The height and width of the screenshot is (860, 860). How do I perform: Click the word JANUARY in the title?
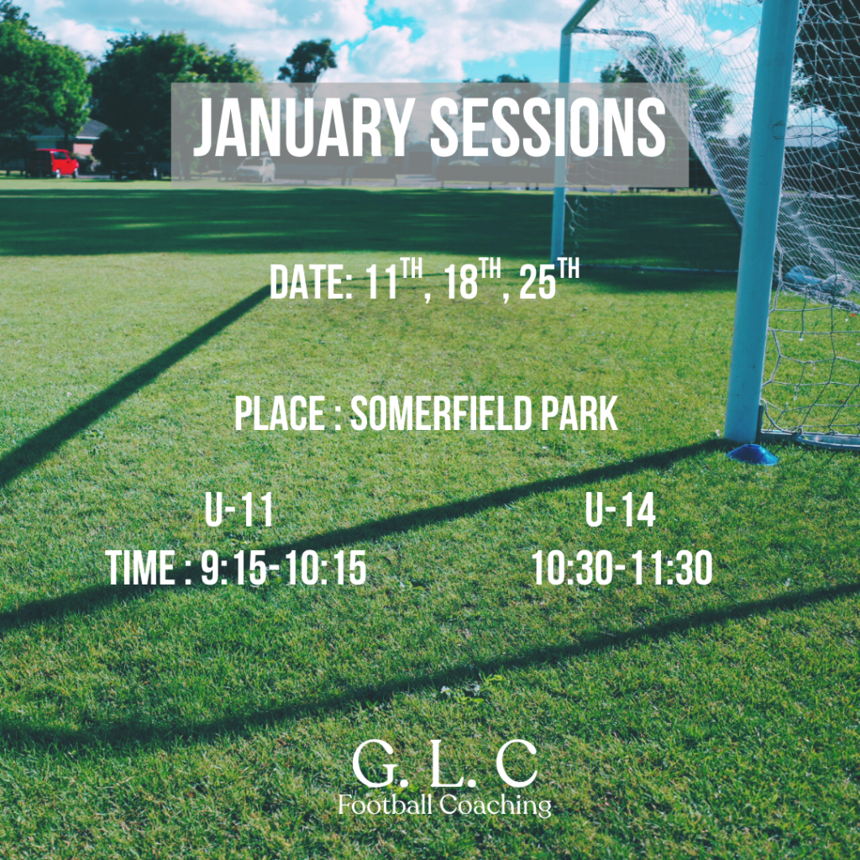[304, 128]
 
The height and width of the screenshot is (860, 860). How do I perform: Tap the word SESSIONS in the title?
[548, 128]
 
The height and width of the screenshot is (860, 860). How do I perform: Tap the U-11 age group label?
[239, 510]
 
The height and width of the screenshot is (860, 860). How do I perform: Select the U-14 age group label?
[620, 510]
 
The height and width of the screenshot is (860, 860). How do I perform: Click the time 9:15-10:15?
[284, 568]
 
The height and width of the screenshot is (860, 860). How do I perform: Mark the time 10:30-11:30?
[622, 568]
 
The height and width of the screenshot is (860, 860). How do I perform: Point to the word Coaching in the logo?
[496, 805]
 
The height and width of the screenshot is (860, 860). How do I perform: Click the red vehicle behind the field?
[53, 163]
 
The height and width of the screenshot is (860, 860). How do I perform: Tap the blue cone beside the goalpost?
[752, 454]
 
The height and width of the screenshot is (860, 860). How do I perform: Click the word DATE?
[309, 282]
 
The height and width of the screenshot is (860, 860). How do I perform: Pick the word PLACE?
[280, 413]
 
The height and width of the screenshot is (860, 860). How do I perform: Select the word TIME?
[140, 568]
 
